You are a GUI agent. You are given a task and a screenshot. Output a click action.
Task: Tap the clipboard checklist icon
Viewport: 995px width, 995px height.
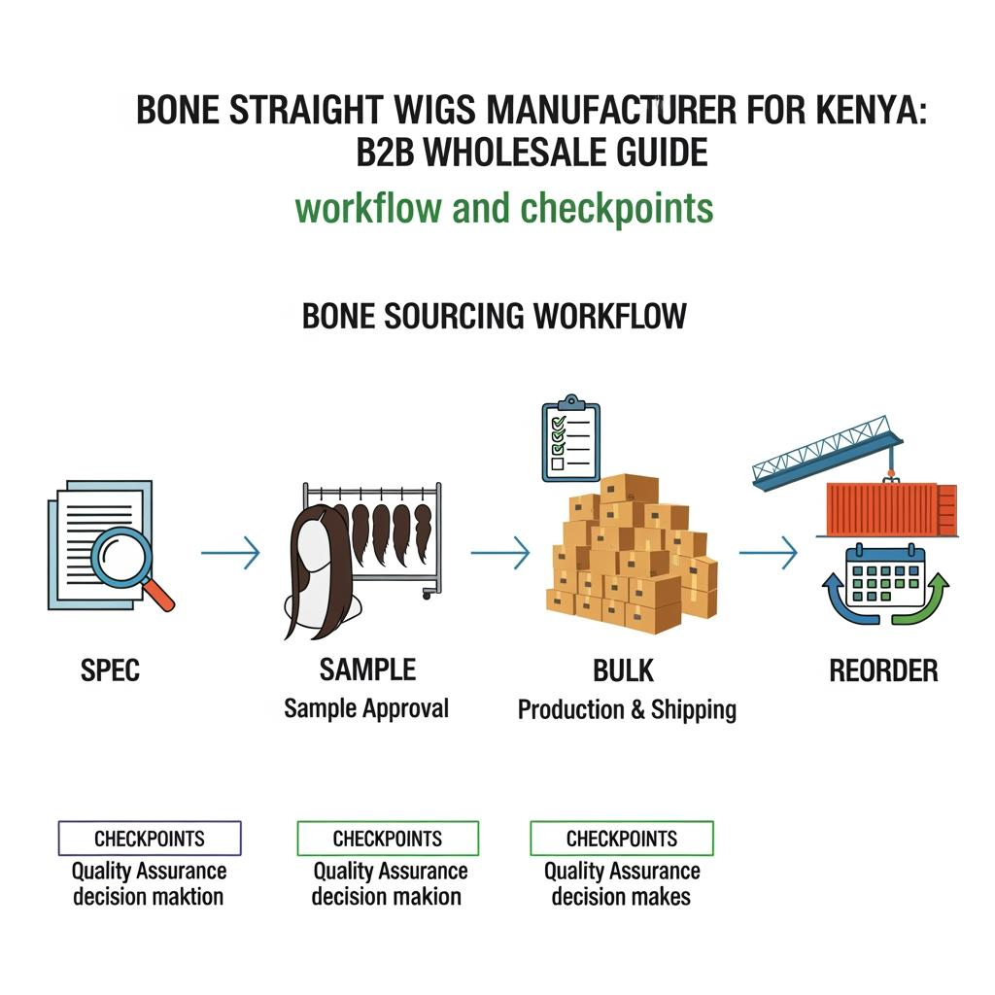tap(570, 439)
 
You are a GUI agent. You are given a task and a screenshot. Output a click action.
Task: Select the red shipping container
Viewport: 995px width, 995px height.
tap(889, 508)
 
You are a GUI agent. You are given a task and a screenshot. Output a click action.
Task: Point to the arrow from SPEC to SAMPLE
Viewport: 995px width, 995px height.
tap(230, 554)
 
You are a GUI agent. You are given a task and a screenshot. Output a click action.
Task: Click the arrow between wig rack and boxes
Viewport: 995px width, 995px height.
tap(500, 554)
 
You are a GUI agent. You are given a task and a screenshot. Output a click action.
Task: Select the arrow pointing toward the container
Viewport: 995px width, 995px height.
tap(768, 554)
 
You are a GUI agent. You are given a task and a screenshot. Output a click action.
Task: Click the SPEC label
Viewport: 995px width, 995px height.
tap(109, 670)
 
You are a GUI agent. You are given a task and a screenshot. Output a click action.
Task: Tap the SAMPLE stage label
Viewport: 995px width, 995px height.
tap(367, 669)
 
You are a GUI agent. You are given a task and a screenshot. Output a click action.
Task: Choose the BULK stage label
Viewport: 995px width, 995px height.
tap(623, 670)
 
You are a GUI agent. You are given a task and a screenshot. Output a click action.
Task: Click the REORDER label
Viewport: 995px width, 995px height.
tap(883, 670)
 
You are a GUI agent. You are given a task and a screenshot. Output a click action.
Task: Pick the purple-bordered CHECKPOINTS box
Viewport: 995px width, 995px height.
tap(150, 839)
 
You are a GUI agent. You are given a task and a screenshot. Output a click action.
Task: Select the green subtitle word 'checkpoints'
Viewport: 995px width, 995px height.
tap(616, 208)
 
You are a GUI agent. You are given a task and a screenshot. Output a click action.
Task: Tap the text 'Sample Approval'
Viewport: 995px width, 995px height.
tap(366, 708)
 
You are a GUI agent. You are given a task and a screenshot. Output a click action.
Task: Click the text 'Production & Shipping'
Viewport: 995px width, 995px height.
tap(627, 709)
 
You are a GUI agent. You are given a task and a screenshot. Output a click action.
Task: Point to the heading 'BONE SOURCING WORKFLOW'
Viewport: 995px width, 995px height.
tap(495, 317)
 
